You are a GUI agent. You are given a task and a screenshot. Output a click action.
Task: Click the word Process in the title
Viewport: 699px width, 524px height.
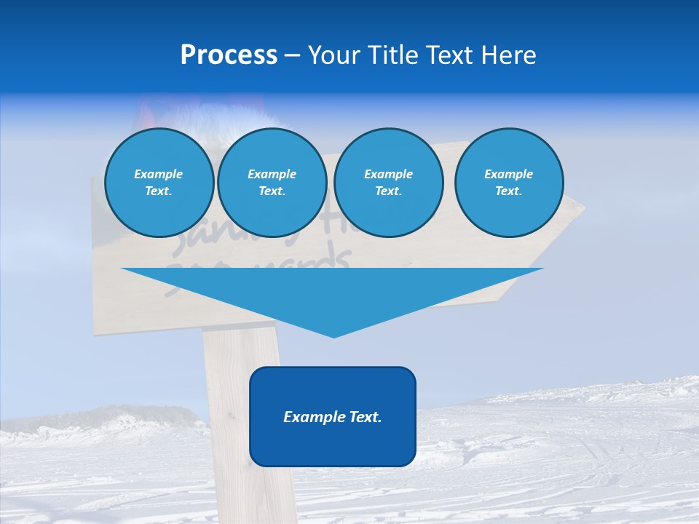(229, 55)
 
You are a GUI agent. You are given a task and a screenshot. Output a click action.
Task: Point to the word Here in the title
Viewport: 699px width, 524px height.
(508, 55)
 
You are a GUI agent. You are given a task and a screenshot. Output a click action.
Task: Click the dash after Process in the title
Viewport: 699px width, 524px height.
(292, 57)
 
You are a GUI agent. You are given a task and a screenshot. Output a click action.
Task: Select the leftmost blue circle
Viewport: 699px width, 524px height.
(159, 183)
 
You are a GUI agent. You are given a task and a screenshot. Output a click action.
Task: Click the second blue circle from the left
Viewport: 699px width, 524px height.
(272, 183)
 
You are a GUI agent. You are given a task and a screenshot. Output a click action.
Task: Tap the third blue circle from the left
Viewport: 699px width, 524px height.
(389, 183)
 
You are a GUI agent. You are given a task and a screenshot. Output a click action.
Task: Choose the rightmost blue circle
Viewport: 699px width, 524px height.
(509, 183)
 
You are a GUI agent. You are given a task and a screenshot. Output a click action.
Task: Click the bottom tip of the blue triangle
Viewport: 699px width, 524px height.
(333, 336)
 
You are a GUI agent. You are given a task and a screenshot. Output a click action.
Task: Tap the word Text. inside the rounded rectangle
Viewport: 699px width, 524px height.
(365, 417)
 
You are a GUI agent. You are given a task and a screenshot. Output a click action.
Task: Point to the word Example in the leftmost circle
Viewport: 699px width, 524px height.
(159, 174)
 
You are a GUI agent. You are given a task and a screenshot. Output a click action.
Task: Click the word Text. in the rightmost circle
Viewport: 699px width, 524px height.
(509, 191)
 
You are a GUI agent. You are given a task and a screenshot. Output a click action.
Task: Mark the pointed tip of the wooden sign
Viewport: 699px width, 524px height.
(582, 209)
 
